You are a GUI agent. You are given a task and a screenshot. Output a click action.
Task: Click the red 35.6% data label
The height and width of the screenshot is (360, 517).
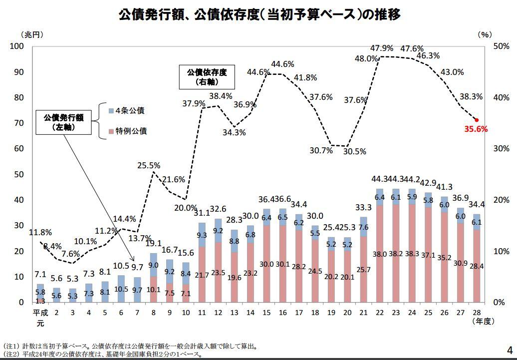click(476, 129)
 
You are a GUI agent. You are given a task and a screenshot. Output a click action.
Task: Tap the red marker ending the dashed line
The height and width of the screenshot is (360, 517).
click(476, 120)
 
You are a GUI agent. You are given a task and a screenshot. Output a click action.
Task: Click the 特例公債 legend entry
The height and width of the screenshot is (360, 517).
click(130, 131)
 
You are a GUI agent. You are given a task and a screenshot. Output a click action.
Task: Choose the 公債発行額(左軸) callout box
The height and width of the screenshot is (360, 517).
click(63, 122)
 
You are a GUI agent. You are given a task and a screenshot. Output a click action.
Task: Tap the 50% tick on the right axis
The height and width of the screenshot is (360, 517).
click(501, 46)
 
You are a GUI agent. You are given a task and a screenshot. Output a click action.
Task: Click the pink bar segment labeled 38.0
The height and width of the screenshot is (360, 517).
click(380, 254)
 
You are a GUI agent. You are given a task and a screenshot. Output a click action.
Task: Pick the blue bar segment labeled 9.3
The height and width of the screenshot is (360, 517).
click(202, 235)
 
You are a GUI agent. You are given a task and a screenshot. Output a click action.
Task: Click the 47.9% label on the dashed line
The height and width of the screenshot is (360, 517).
click(382, 48)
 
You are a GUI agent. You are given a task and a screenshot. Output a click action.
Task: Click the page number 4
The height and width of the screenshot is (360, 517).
click(510, 349)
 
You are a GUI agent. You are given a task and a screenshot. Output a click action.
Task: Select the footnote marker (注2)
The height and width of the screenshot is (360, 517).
click(11, 354)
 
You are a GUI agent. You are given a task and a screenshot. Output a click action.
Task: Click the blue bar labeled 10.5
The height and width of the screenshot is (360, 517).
click(121, 289)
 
